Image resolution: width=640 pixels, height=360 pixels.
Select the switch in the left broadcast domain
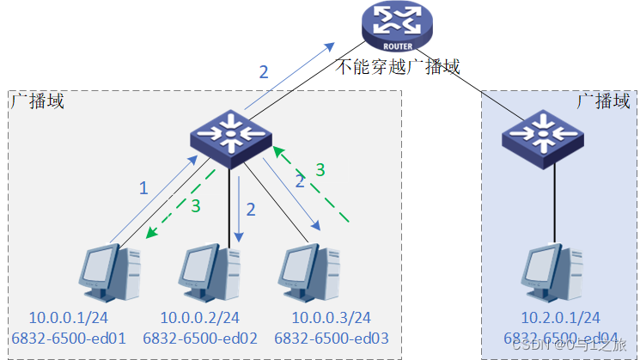(229, 135)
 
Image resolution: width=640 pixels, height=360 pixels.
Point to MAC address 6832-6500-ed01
(70, 339)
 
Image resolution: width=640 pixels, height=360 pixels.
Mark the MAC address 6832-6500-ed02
(201, 339)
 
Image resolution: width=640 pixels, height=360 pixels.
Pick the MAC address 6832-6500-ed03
(332, 339)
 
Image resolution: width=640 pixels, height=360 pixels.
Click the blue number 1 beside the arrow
(144, 186)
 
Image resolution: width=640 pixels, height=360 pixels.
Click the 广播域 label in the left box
(37, 101)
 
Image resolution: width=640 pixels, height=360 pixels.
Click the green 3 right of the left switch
(320, 170)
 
